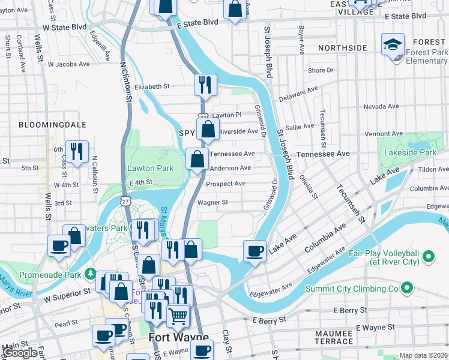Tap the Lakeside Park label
(x=411, y=153)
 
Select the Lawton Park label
(x=149, y=169)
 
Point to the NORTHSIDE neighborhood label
(x=342, y=48)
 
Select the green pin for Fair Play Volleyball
(x=428, y=258)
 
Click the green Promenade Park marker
(x=90, y=274)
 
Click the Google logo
(x=21, y=353)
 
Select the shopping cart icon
(x=178, y=315)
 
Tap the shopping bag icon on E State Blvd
(x=234, y=10)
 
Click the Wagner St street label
(x=217, y=203)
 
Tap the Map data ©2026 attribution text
(x=423, y=355)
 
